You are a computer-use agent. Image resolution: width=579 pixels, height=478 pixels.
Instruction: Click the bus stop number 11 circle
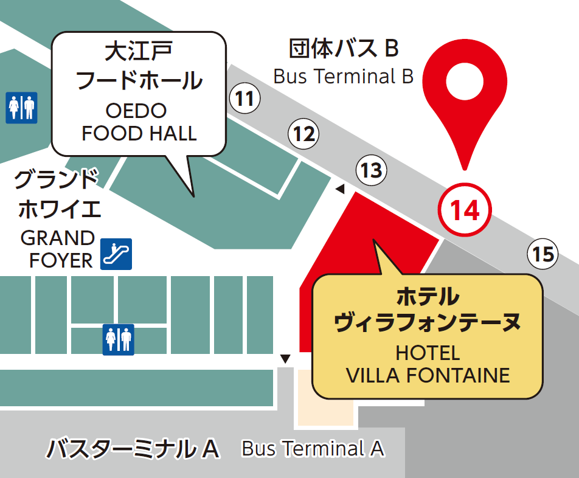[x=244, y=99]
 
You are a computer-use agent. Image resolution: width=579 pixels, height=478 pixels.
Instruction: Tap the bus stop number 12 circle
[x=303, y=134]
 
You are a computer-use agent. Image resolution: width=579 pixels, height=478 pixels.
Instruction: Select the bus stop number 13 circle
[x=371, y=170]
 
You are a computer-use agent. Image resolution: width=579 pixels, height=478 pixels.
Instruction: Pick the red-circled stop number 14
[x=465, y=210]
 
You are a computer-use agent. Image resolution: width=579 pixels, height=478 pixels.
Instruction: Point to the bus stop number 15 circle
[x=542, y=254]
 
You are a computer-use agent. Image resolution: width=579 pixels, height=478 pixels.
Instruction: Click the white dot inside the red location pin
[x=465, y=81]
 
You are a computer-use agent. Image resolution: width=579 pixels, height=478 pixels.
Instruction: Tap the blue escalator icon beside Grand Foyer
[x=116, y=254]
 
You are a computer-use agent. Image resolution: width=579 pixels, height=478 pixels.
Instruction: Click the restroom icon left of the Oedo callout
[x=22, y=108]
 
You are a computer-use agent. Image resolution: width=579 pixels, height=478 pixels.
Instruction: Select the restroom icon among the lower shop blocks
[x=118, y=339]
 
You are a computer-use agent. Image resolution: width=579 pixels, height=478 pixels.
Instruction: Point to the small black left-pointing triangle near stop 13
[x=340, y=190]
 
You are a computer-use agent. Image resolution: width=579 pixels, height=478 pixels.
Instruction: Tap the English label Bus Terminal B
[x=344, y=77]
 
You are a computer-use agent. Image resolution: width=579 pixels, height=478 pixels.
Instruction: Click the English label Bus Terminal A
[x=313, y=449]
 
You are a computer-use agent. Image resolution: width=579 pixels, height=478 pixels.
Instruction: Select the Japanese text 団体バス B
[x=344, y=47]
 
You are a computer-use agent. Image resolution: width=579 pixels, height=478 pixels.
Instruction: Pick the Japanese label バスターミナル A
[x=133, y=449]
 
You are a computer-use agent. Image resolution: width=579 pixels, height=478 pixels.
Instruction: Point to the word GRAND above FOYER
[x=58, y=238]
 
